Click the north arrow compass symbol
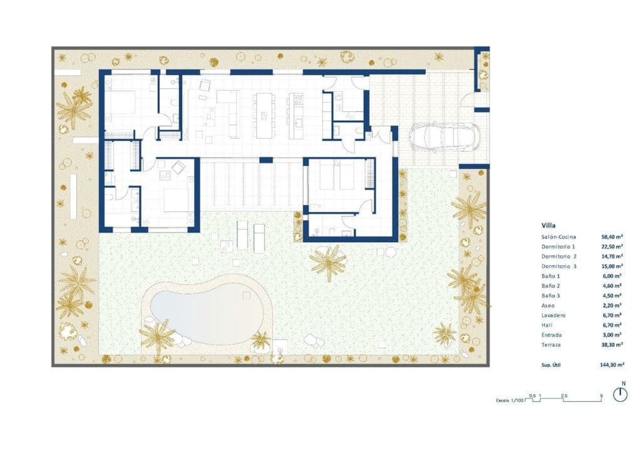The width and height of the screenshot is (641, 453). [x=620, y=394]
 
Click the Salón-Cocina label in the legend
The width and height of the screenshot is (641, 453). [x=559, y=237]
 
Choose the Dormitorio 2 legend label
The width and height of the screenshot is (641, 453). [x=559, y=256]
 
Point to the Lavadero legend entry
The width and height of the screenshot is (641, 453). [x=553, y=315]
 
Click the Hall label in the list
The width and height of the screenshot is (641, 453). [x=547, y=325]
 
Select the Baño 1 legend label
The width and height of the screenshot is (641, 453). [x=551, y=276]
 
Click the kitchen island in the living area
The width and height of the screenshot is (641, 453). [x=264, y=115]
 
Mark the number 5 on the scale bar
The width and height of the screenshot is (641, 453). [x=601, y=395]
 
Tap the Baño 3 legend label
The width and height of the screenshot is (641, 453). [x=551, y=295]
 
